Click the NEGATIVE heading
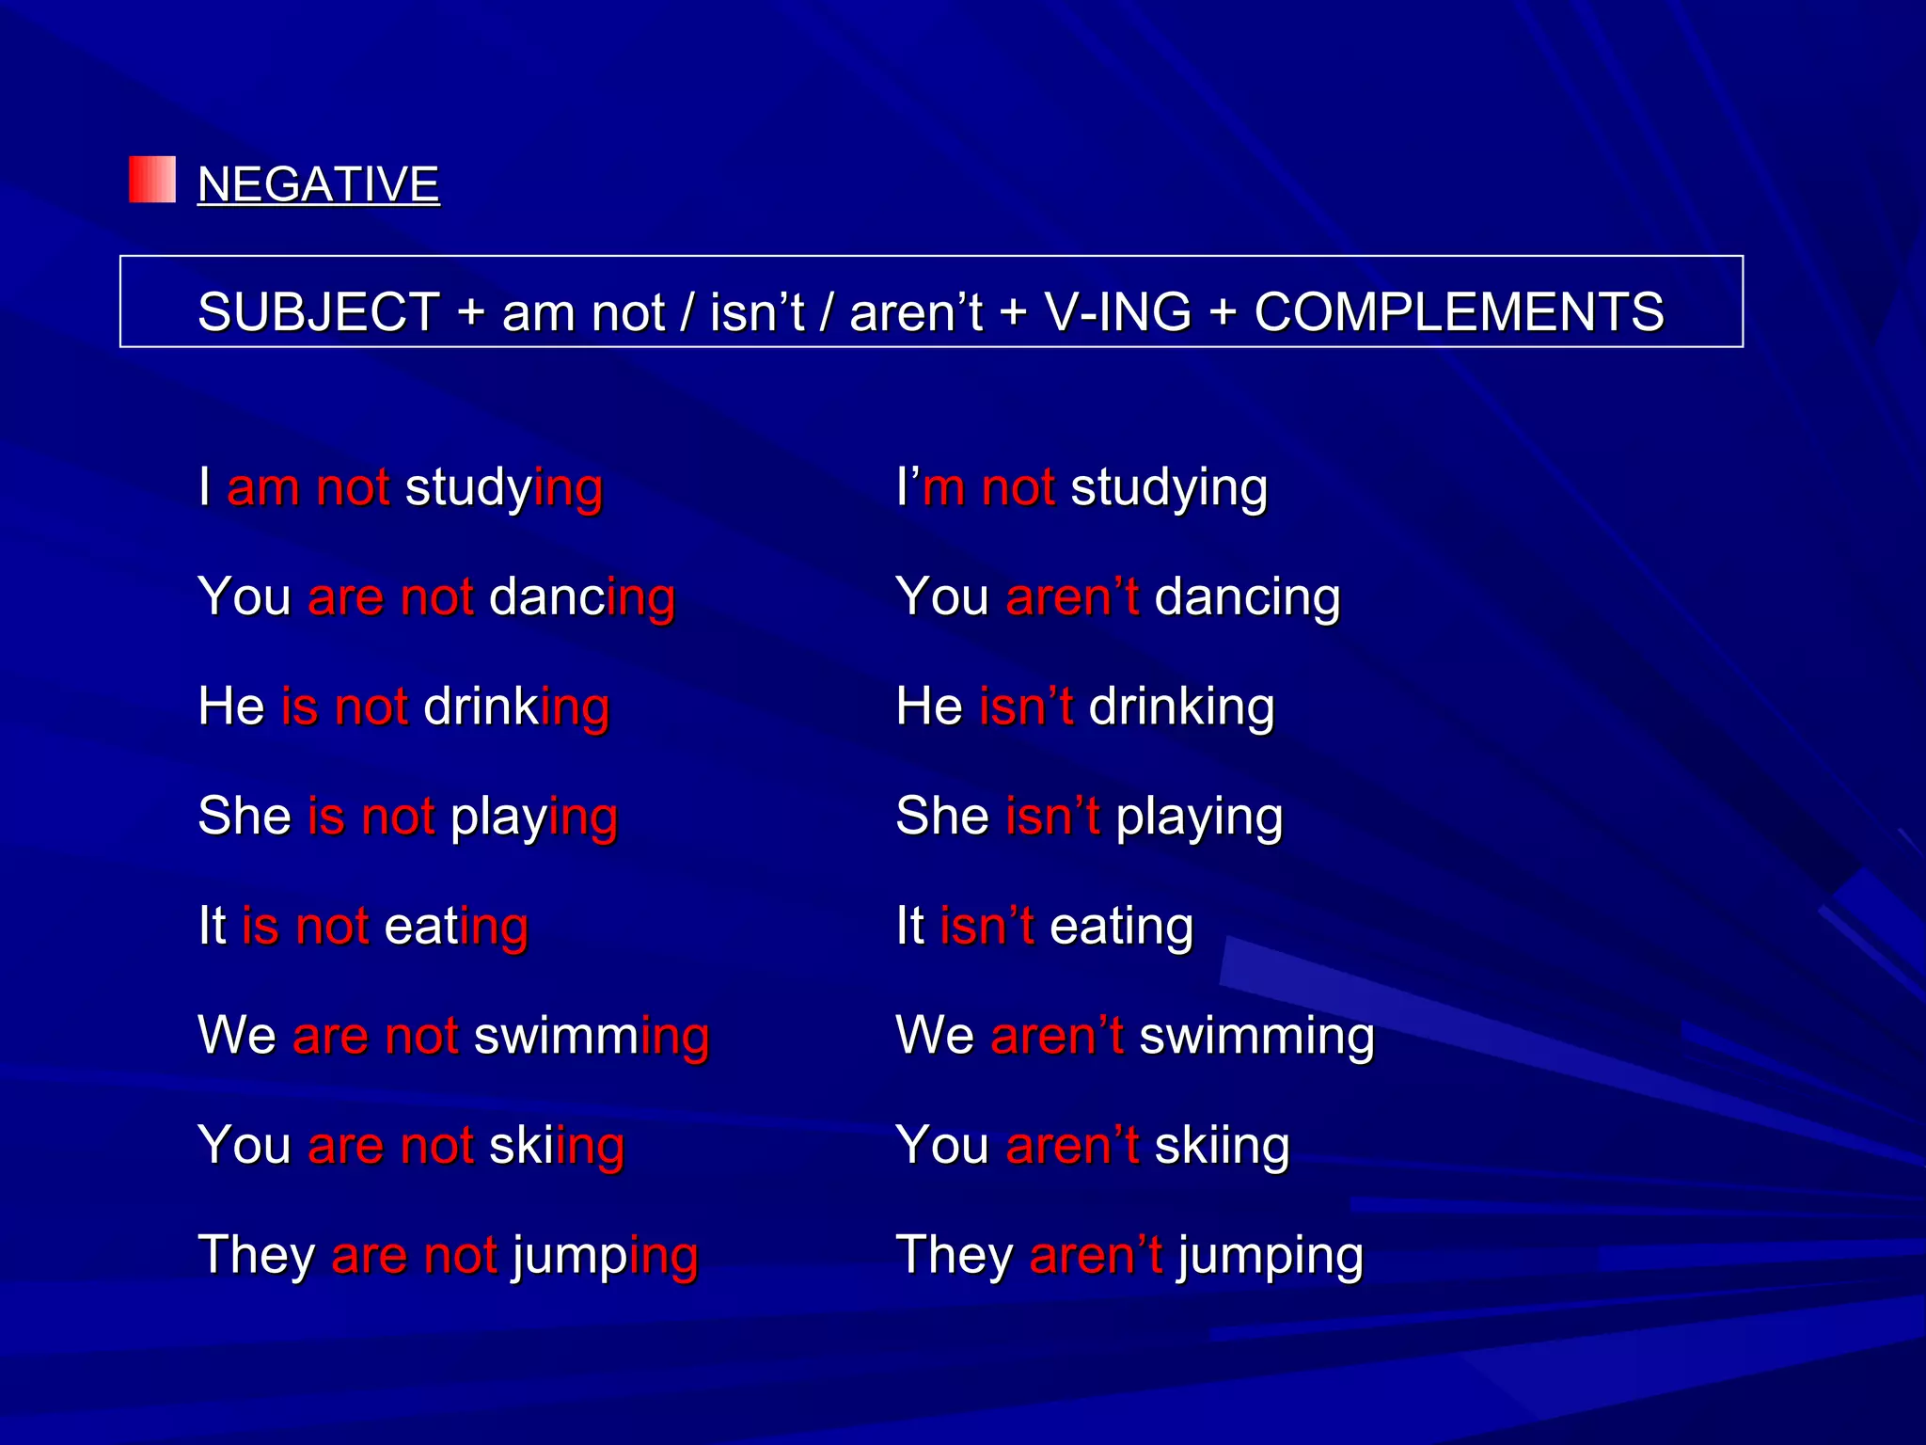click(318, 183)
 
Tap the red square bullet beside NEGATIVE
click(152, 180)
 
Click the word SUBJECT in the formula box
click(319, 311)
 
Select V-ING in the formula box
click(1118, 311)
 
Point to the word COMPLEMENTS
click(1459, 311)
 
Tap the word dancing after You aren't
click(1247, 598)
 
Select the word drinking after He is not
click(516, 707)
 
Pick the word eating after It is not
click(456, 927)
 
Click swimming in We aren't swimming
click(1256, 1036)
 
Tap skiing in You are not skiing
click(557, 1146)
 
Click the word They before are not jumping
click(256, 1255)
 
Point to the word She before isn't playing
click(942, 816)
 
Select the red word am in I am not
click(263, 488)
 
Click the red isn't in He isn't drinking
click(1026, 707)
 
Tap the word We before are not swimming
click(237, 1036)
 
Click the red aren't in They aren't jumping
click(1096, 1255)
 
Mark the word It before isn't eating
click(909, 926)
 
